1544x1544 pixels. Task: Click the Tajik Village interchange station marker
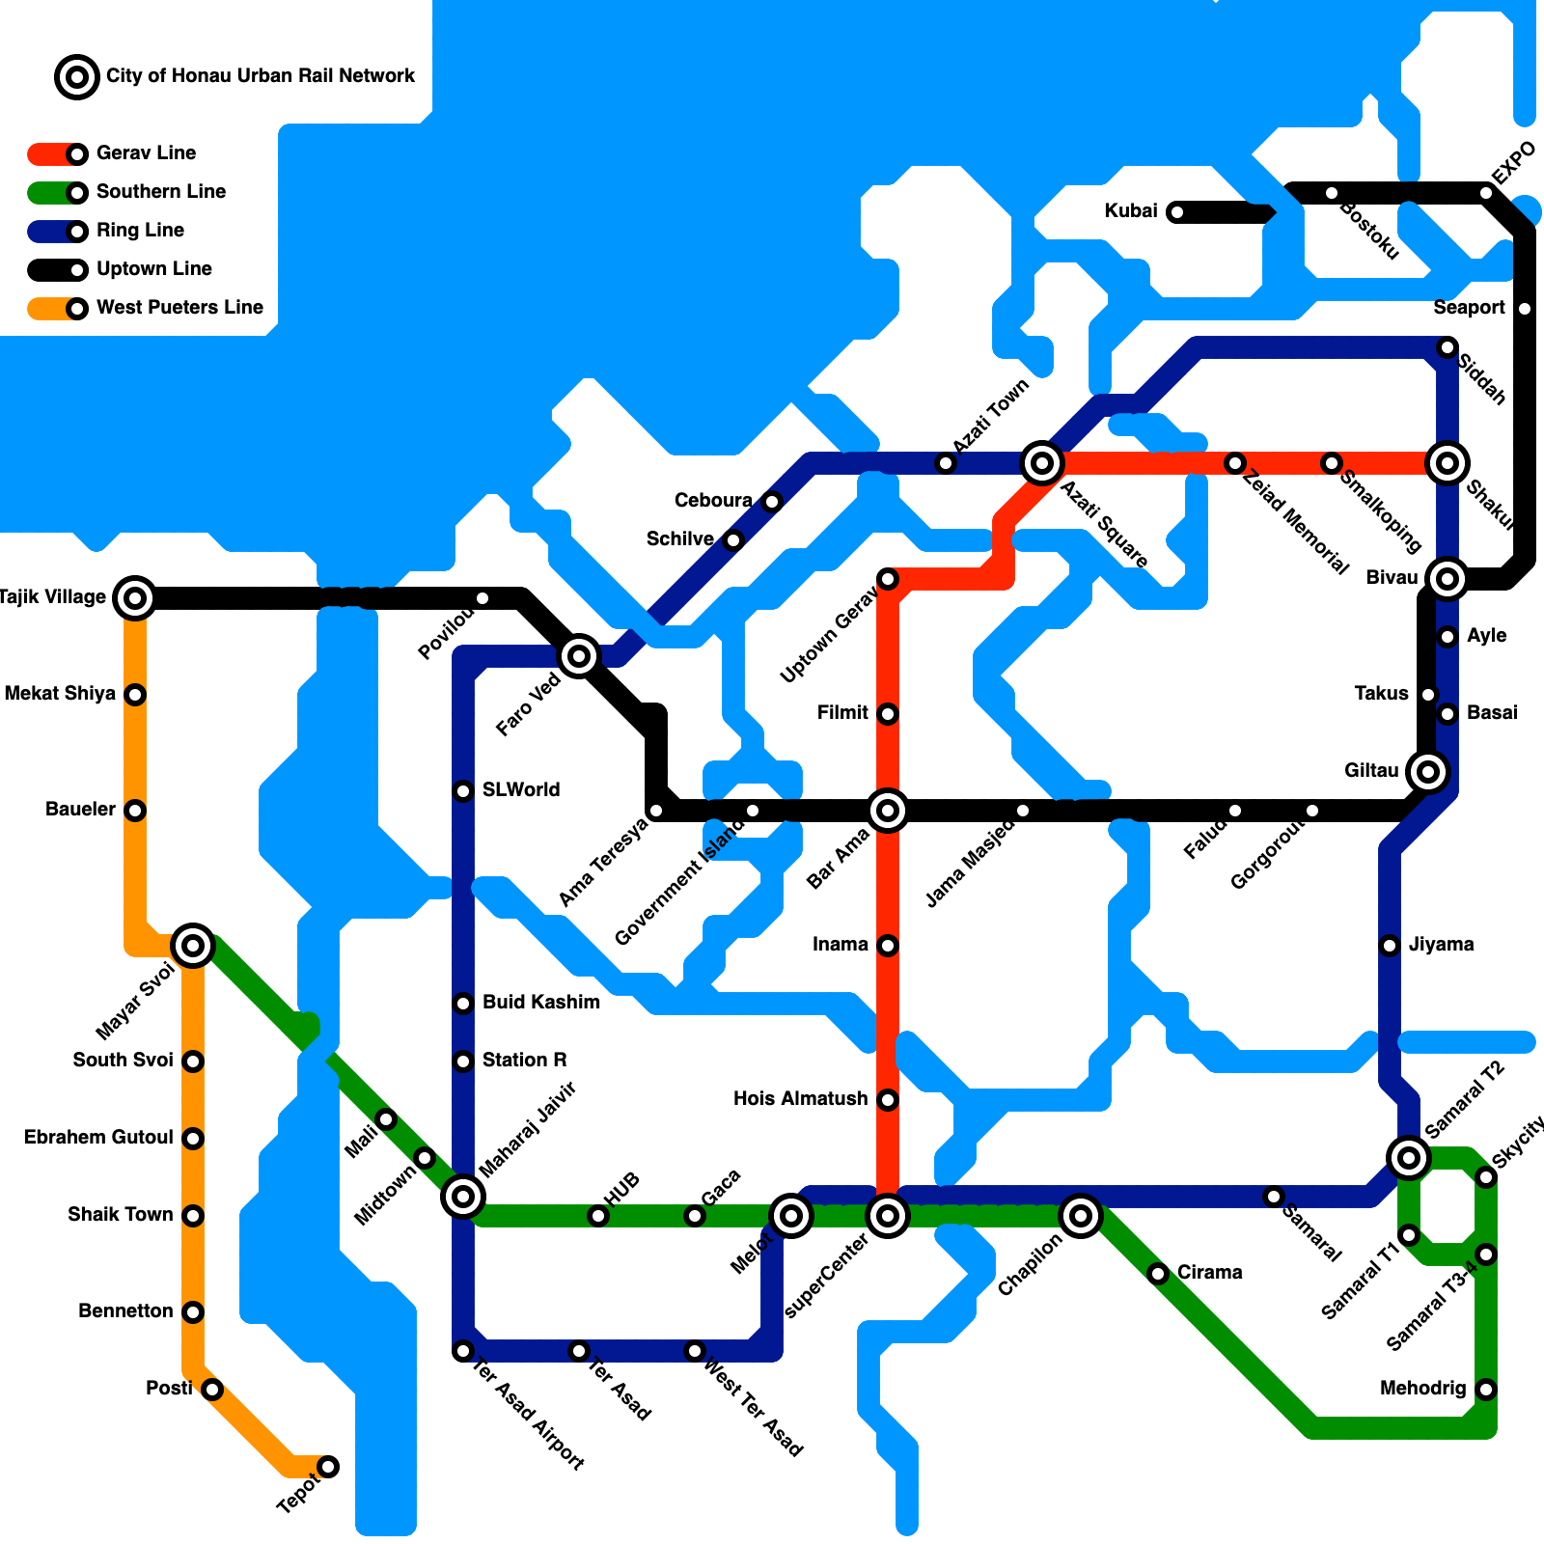point(135,598)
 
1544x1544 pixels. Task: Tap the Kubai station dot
point(1177,212)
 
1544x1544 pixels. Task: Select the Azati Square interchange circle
point(1042,463)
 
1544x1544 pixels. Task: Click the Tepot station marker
point(328,1467)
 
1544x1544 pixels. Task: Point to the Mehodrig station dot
point(1486,1390)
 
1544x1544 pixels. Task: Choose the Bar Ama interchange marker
point(888,811)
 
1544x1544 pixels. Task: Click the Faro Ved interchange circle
point(579,656)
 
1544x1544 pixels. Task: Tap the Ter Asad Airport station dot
point(463,1351)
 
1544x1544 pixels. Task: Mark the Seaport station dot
point(1525,309)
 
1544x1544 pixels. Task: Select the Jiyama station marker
point(1390,946)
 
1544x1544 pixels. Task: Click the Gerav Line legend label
point(146,153)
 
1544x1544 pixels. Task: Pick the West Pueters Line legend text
point(179,308)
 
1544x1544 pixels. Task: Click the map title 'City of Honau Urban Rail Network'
point(260,76)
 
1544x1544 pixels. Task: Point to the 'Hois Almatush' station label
point(800,1099)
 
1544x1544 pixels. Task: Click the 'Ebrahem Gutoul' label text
point(98,1138)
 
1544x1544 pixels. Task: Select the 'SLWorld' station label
point(521,790)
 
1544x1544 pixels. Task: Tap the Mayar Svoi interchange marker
point(193,946)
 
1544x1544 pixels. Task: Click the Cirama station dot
point(1158,1274)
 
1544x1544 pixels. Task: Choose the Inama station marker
point(888,946)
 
